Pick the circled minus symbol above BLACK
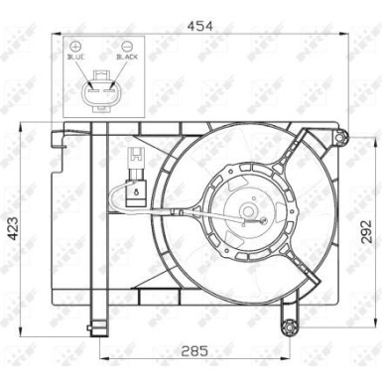pos(126,47)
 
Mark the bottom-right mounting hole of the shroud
pos(289,328)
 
